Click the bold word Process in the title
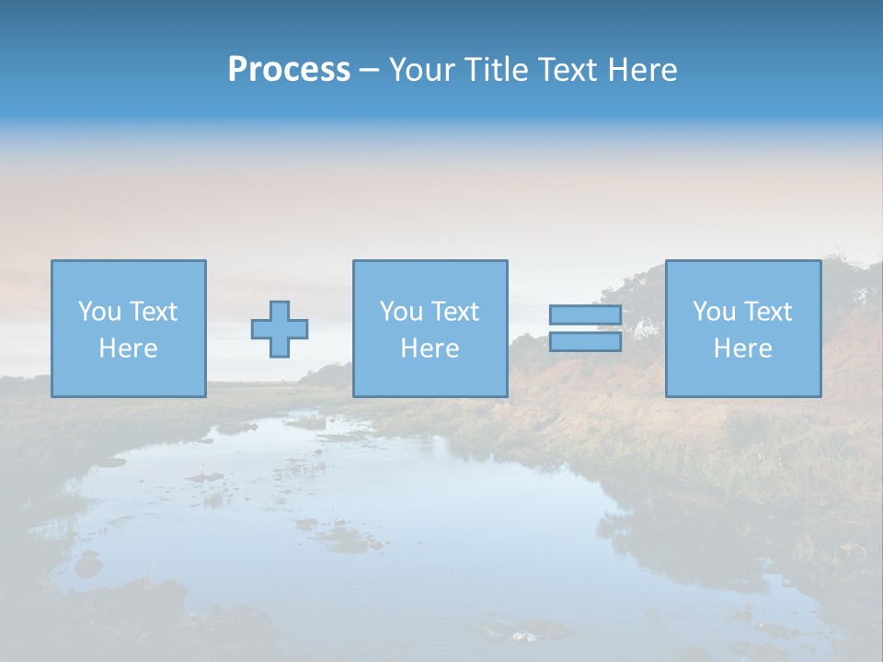coord(289,70)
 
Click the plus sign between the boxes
coord(280,329)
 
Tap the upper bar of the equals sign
coord(585,315)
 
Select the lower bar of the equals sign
coord(585,342)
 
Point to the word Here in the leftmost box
coord(129,348)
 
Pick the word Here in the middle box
coord(430,348)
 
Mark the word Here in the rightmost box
coord(743,348)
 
